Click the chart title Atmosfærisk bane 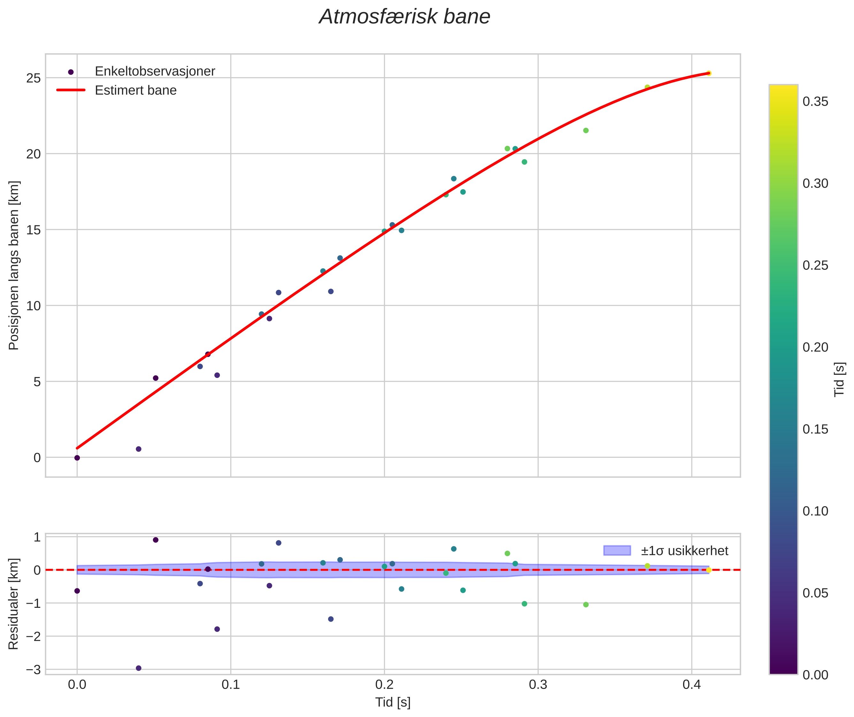[404, 17]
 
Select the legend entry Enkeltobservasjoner [155, 72]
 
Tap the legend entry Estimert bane [135, 90]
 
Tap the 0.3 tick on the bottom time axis [538, 685]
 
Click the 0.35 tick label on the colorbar [815, 102]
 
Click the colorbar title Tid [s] [839, 379]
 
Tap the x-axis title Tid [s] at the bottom [393, 702]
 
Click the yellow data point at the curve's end [708, 73]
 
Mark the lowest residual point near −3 [138, 668]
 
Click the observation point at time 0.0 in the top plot [77, 458]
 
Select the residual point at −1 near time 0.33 [586, 604]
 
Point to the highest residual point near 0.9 [155, 540]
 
